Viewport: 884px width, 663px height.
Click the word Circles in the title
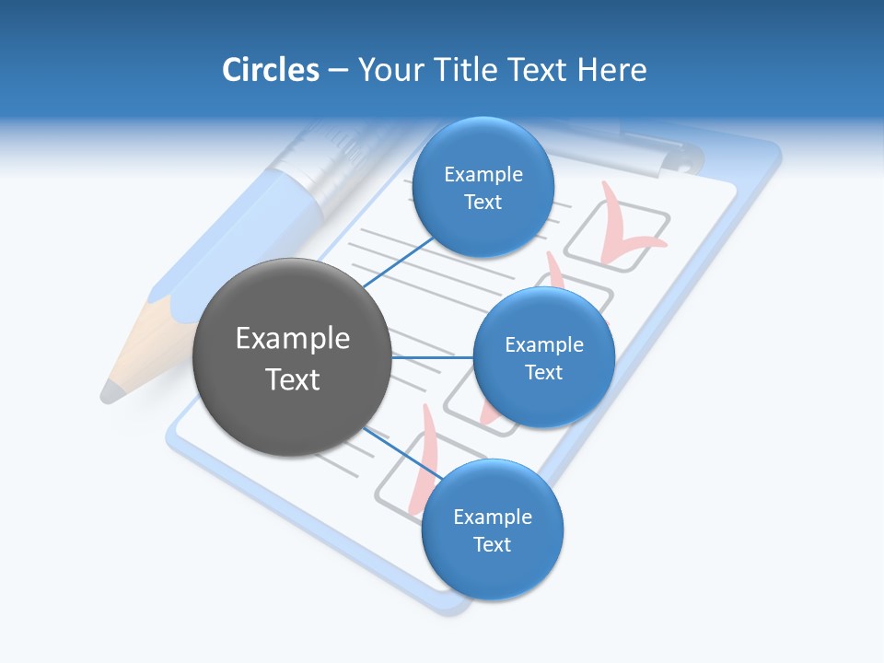pos(270,70)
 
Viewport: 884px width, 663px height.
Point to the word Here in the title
pos(611,70)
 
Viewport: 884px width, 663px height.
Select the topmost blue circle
pos(483,188)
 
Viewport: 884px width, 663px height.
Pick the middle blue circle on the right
pos(543,358)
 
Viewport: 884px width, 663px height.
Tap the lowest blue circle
pos(492,530)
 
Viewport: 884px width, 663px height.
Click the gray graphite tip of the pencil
pos(111,391)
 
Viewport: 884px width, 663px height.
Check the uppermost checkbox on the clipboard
pos(616,238)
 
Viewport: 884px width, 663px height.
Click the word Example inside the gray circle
pos(293,339)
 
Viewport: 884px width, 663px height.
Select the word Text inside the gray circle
pos(293,379)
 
